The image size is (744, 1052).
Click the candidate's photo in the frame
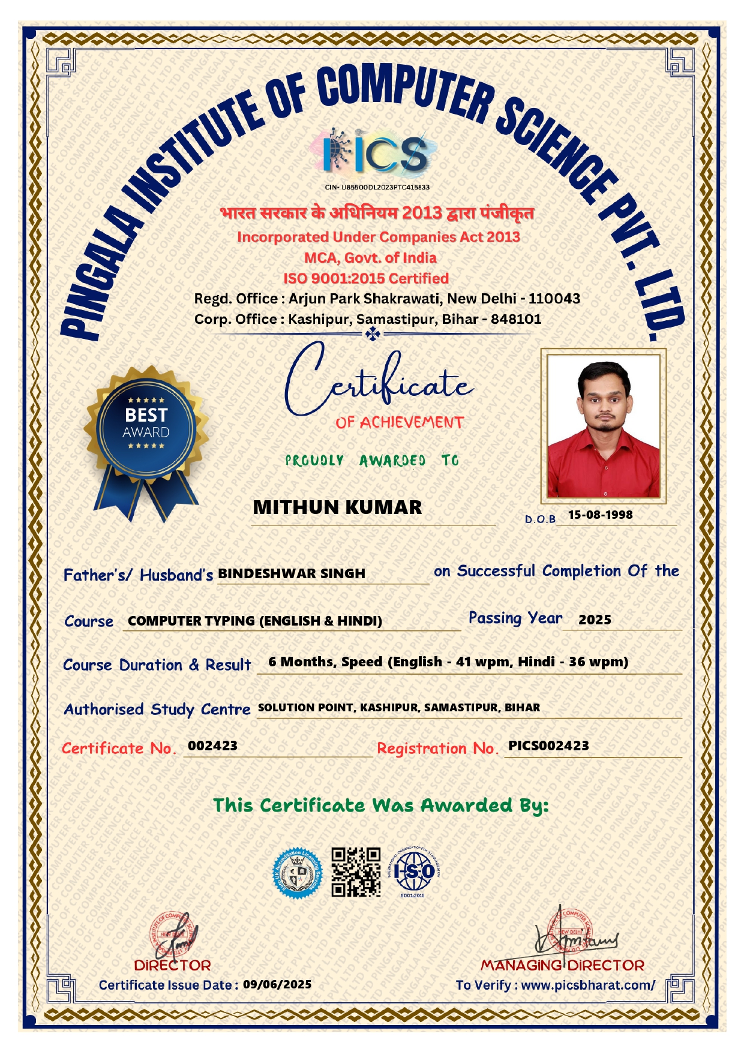602,425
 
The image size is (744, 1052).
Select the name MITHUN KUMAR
337,507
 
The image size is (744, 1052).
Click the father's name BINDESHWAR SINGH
292,573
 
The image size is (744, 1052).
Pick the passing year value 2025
595,620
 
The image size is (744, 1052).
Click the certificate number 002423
212,746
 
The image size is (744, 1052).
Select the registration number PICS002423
548,746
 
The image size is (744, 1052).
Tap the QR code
356,871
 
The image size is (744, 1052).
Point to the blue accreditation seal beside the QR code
298,873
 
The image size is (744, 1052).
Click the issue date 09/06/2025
277,984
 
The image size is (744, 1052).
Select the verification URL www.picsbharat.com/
588,985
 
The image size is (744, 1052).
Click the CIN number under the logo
377,187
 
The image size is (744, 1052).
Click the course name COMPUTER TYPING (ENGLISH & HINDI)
255,621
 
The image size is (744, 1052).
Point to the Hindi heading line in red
377,213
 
